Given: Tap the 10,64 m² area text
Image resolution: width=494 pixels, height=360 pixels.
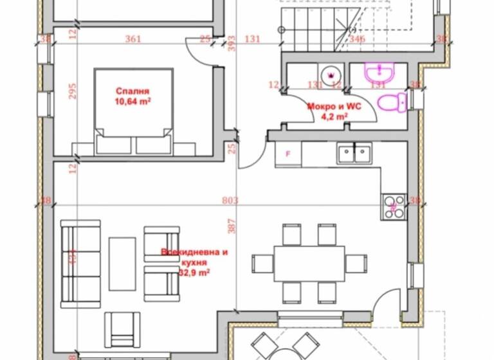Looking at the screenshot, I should tap(133, 101).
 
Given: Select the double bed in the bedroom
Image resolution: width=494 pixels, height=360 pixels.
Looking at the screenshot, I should tap(134, 113).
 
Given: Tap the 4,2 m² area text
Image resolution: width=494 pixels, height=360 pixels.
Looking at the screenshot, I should tap(334, 117).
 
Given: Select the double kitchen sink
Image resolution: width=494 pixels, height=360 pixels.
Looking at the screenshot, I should tap(353, 153).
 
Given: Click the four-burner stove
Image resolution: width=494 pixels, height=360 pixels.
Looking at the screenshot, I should tap(394, 206).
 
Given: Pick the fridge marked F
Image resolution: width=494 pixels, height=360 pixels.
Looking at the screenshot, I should tap(288, 154).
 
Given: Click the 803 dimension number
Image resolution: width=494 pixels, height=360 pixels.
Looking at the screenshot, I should tap(230, 201).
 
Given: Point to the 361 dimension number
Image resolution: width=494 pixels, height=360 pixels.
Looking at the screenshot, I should tap(133, 39).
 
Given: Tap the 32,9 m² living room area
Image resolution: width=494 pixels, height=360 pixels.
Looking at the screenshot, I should tap(194, 273).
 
